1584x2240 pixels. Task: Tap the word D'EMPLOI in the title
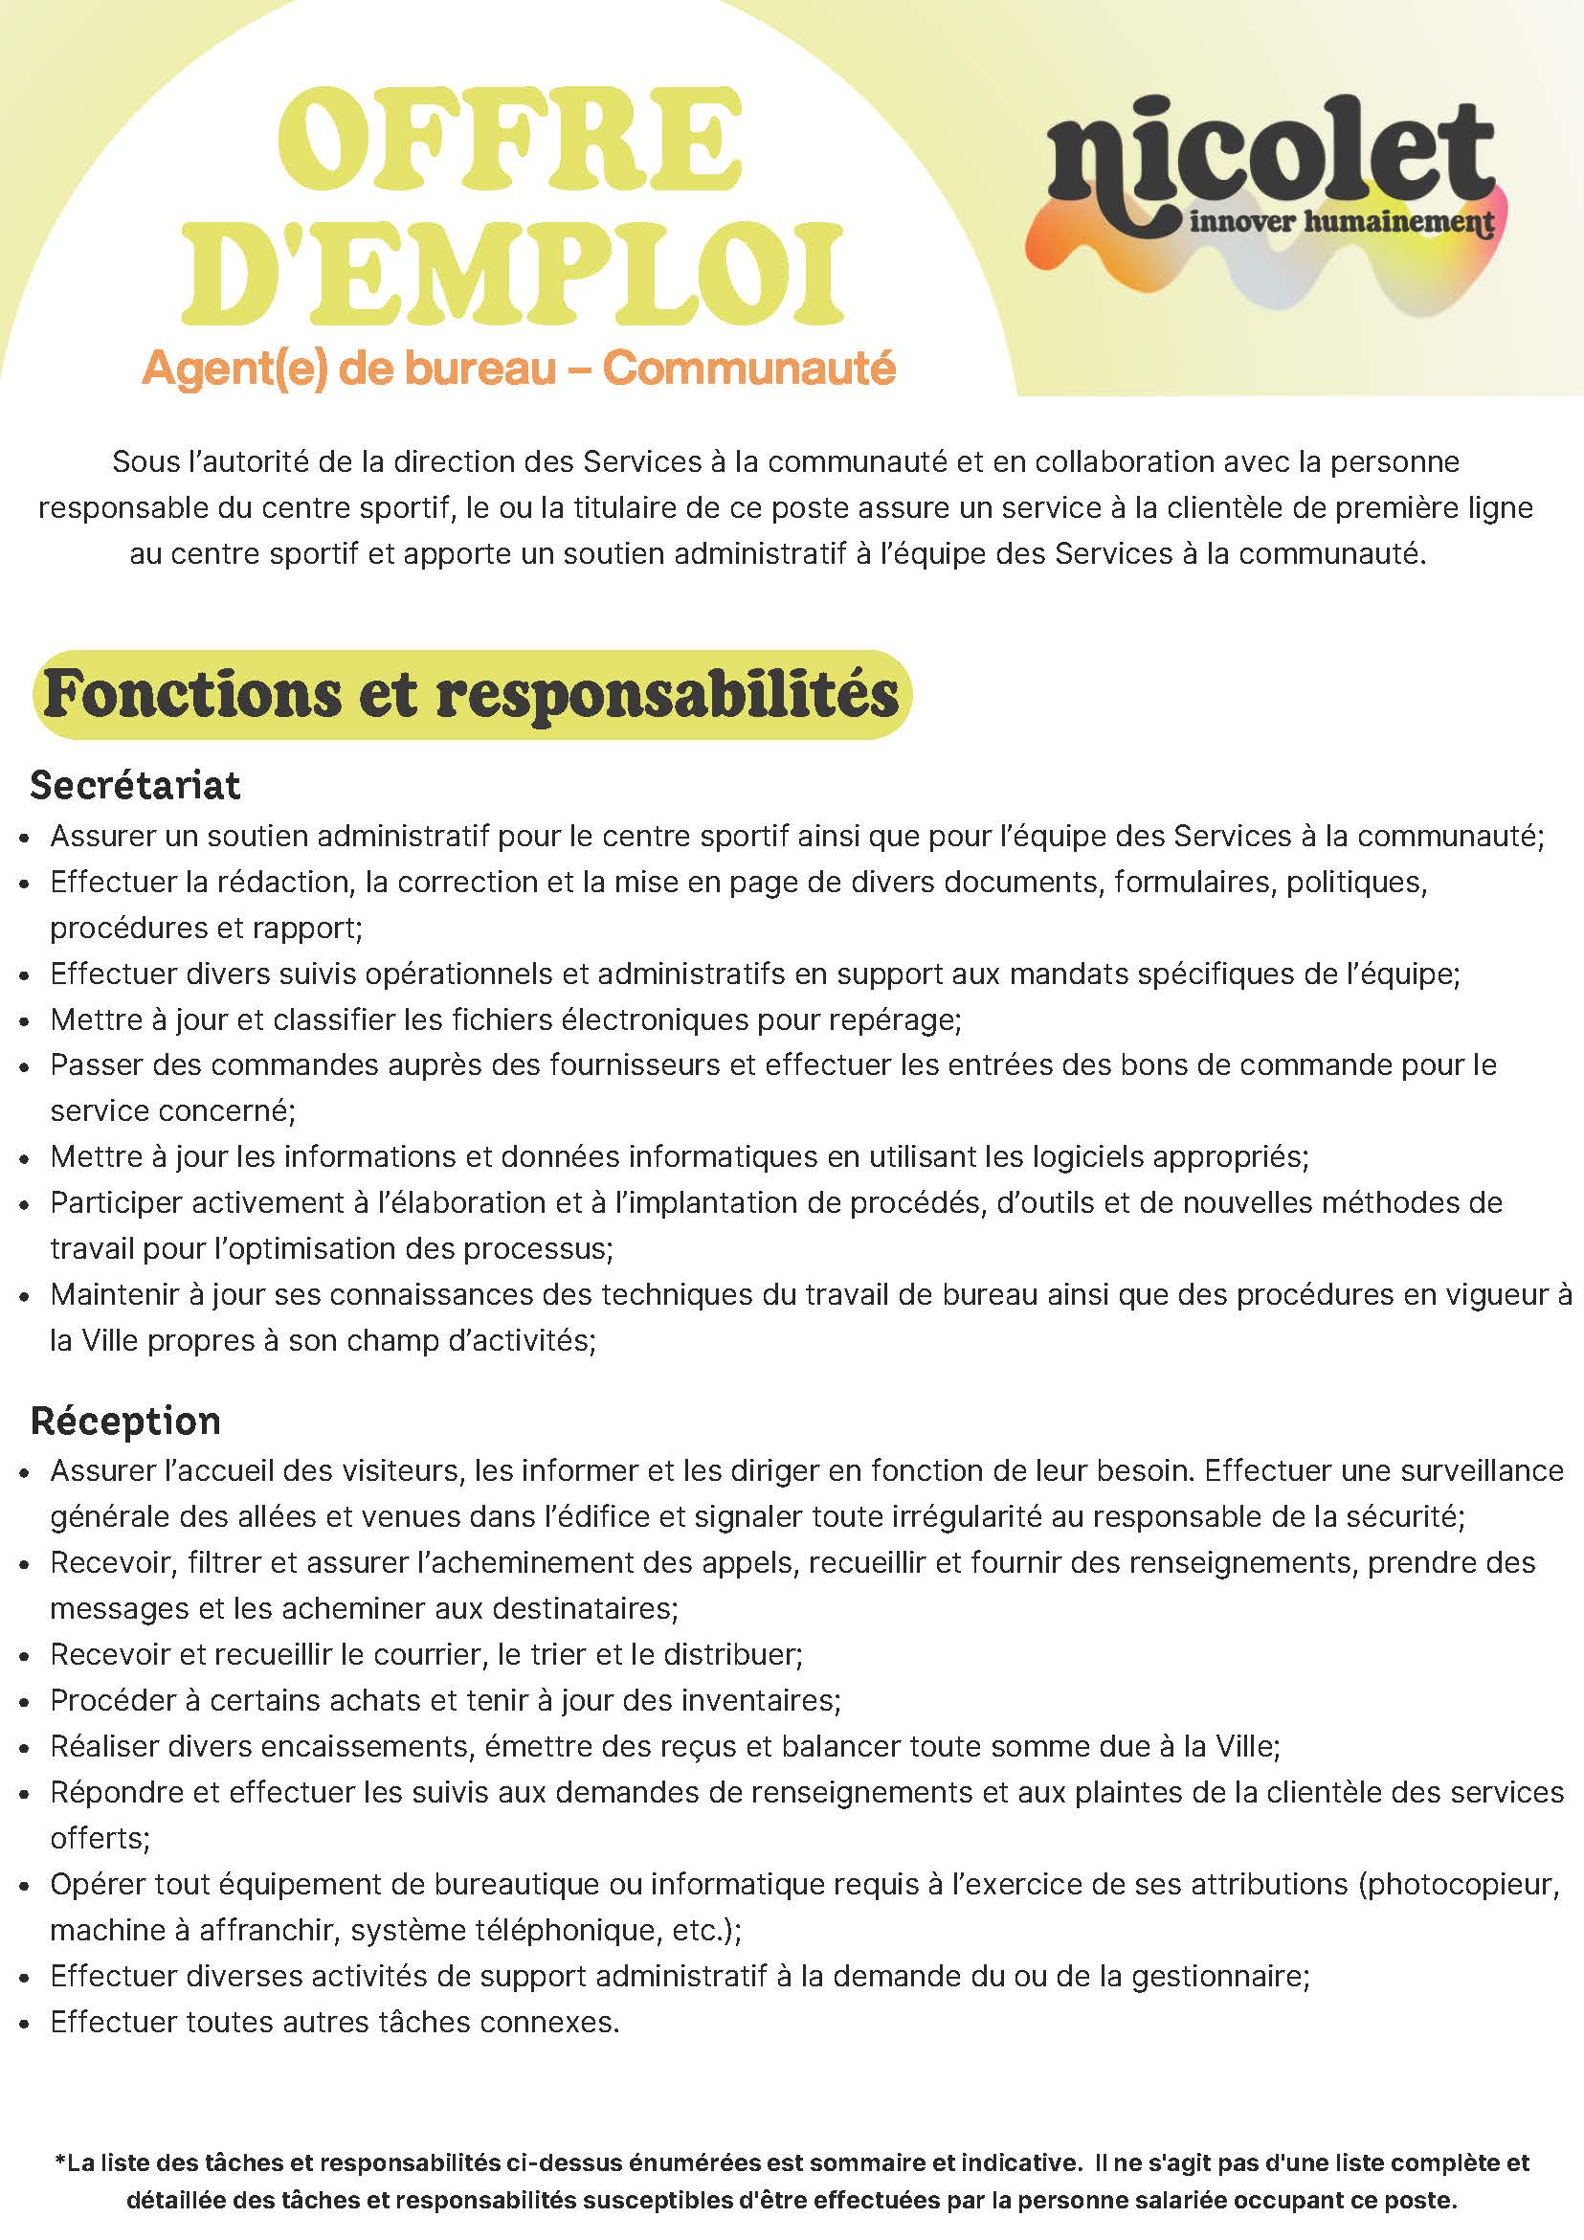coord(514,275)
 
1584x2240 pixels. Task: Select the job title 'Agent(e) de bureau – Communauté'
coord(518,368)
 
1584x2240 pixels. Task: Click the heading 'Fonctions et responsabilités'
coord(471,694)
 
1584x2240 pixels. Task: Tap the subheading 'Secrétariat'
coord(135,785)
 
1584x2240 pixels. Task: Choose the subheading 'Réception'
coord(125,1421)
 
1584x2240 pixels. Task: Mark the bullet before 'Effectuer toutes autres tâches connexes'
coord(27,2024)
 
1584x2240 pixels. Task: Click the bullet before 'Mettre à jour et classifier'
coord(27,1021)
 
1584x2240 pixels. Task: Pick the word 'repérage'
coord(895,1019)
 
